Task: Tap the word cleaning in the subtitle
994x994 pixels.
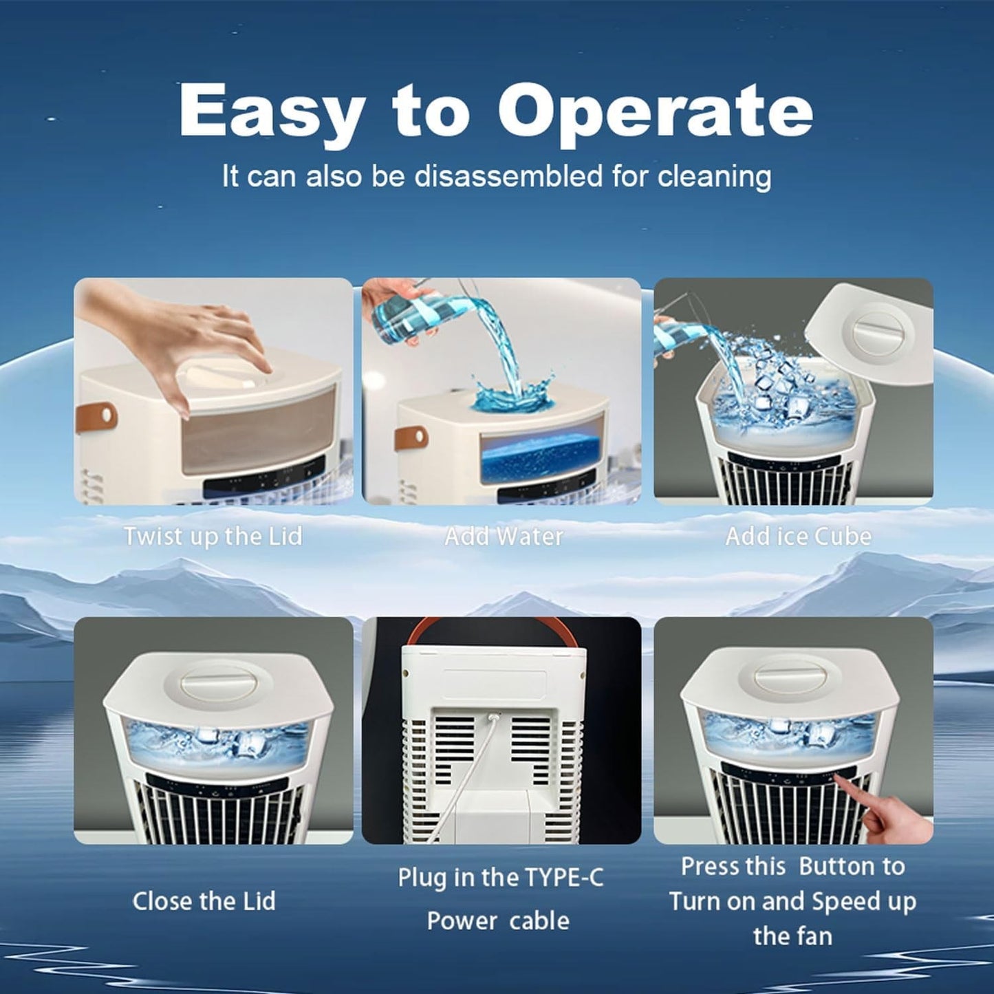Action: click(x=714, y=176)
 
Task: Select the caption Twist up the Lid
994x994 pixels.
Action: click(x=213, y=536)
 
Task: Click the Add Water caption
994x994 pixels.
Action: click(x=504, y=536)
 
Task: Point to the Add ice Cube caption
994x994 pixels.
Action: click(x=798, y=536)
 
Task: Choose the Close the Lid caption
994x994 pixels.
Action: click(x=204, y=900)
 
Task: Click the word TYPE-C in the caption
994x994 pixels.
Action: click(x=564, y=877)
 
